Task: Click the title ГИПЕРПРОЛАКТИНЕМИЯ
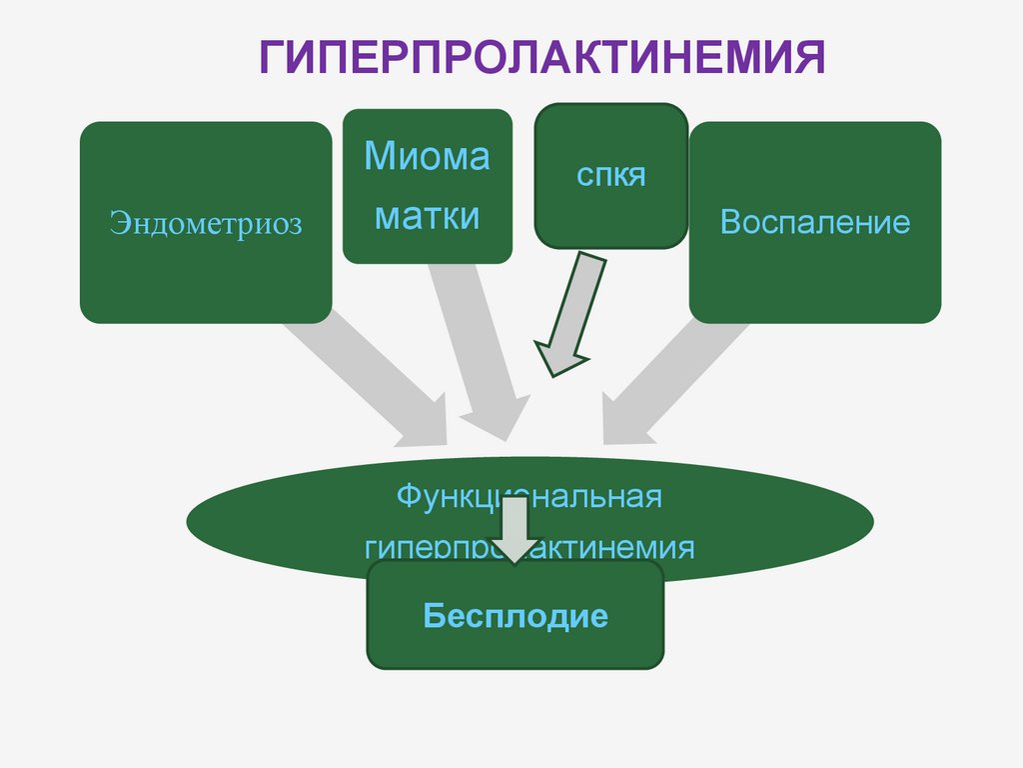pos(541,58)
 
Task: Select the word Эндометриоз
pos(206,222)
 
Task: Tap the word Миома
pos(427,157)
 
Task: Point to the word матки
pos(427,216)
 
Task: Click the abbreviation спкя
pos(611,176)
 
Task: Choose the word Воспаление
pos(815,222)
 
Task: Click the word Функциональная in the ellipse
pos(529,497)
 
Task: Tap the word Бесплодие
pos(515,615)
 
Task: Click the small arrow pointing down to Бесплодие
pos(515,530)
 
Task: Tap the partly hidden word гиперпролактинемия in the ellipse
pos(529,549)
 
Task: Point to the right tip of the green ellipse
pos(872,521)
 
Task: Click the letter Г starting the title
pos(274,58)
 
